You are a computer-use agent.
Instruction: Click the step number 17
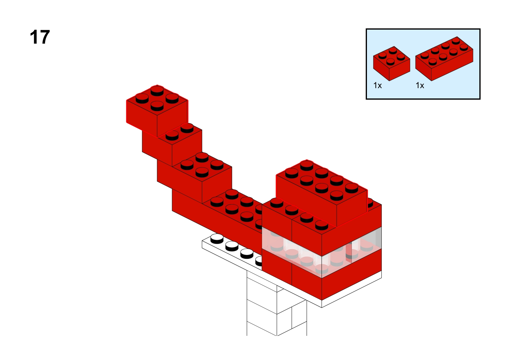(40, 37)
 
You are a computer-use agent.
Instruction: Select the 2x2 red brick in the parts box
(391, 63)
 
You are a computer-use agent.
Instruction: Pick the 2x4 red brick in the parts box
(444, 59)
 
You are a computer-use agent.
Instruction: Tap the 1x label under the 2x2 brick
(378, 85)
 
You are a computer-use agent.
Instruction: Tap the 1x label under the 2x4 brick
(420, 85)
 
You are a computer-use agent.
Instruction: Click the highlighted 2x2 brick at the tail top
(157, 111)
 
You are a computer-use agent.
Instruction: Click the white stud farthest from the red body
(217, 239)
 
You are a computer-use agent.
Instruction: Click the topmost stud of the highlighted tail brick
(157, 91)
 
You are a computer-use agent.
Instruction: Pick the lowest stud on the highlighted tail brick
(157, 106)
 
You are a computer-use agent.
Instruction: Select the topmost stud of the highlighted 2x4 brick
(306, 165)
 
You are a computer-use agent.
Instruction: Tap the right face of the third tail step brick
(217, 185)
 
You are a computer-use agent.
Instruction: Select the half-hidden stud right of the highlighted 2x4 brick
(370, 203)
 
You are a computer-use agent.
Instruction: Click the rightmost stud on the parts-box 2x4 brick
(464, 47)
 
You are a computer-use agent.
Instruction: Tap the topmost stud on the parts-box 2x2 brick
(393, 50)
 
